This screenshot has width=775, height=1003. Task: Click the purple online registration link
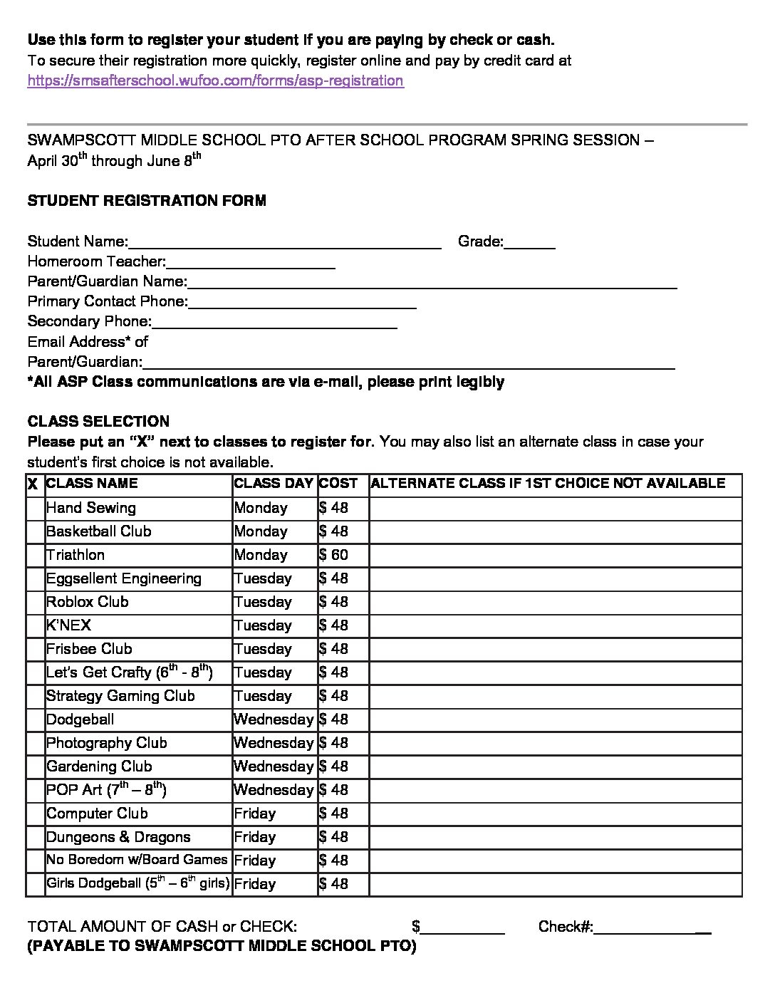215,80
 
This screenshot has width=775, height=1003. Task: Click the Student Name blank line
285,242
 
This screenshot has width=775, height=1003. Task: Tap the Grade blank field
529,242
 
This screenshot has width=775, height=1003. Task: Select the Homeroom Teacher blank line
251,262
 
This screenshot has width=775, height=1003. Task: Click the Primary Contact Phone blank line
302,302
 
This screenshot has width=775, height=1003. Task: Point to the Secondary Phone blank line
274,322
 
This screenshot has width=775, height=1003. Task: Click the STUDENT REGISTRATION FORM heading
147,201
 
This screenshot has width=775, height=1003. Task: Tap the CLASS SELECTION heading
98,421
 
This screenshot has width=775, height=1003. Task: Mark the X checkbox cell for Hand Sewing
35,509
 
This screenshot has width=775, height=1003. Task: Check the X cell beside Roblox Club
35,603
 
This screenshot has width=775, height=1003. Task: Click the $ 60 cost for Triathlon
334,555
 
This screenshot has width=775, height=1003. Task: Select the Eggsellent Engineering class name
124,578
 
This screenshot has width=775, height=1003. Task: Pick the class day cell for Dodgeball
274,719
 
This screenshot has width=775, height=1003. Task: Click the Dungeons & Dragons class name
118,837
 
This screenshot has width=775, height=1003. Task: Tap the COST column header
338,484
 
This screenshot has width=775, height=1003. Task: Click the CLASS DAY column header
274,484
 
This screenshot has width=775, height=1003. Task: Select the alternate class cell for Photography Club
555,743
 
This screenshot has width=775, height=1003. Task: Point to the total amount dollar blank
462,927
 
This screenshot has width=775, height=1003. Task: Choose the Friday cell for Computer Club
255,814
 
